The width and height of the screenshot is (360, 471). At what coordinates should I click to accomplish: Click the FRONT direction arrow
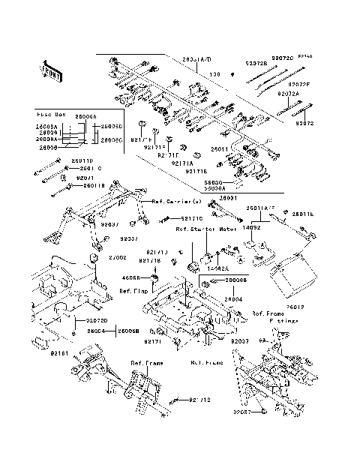pyautogui.click(x=49, y=71)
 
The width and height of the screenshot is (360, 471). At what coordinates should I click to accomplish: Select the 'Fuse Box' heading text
pyautogui.click(x=50, y=115)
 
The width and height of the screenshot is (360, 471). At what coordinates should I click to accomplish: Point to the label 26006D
pyautogui.click(x=112, y=126)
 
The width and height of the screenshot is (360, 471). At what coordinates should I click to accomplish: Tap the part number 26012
pyautogui.click(x=319, y=306)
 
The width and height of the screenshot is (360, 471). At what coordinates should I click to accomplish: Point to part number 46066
pyautogui.click(x=132, y=277)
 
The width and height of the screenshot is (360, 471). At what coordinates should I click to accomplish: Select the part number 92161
pyautogui.click(x=59, y=352)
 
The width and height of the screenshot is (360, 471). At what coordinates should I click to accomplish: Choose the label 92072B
pyautogui.click(x=256, y=64)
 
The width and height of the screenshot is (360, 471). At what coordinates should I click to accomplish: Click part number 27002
pyautogui.click(x=118, y=257)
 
